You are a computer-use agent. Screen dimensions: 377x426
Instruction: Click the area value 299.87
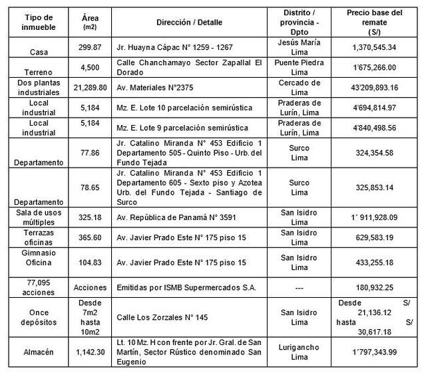(x=91, y=49)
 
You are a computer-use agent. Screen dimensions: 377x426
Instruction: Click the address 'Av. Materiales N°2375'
(x=155, y=86)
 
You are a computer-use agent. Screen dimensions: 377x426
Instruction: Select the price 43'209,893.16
(x=375, y=86)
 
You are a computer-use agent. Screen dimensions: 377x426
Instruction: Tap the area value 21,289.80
(x=91, y=86)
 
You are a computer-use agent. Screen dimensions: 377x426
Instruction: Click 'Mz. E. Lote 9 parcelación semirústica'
(x=188, y=127)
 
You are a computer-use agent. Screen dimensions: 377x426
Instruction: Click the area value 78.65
(x=91, y=188)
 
